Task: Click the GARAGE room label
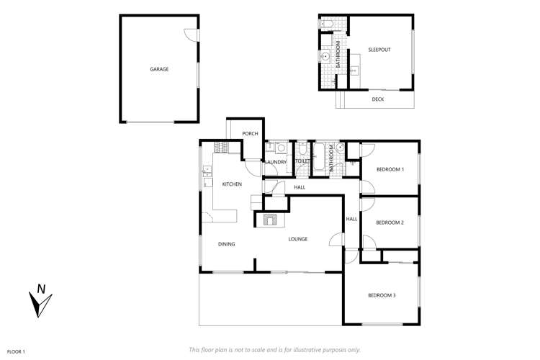pyautogui.click(x=159, y=69)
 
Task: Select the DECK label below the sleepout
pyautogui.click(x=377, y=99)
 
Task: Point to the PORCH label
pyautogui.click(x=250, y=134)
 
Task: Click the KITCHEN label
pyautogui.click(x=231, y=184)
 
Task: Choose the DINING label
pyautogui.click(x=226, y=244)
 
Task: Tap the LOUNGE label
pyautogui.click(x=298, y=239)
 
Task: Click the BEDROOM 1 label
pyautogui.click(x=390, y=169)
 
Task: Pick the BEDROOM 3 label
pyautogui.click(x=382, y=295)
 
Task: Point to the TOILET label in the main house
pyautogui.click(x=302, y=162)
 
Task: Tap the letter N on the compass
pyautogui.click(x=42, y=289)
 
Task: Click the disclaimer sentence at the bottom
pyautogui.click(x=274, y=350)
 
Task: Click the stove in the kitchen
pyautogui.click(x=221, y=148)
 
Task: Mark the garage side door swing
pyautogui.click(x=189, y=34)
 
